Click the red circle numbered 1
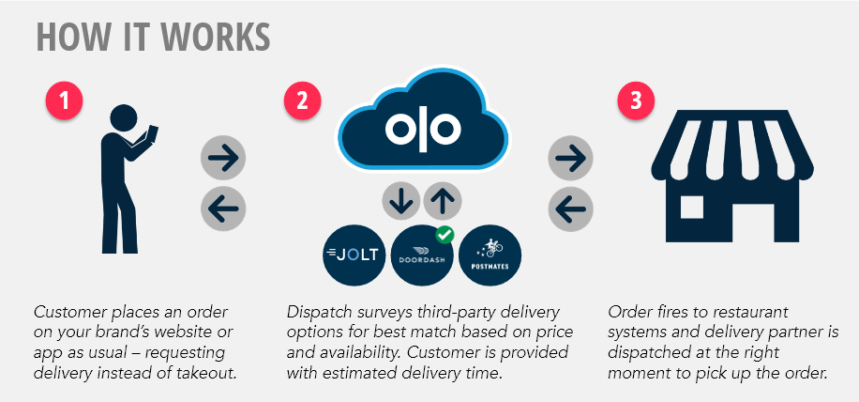pyautogui.click(x=63, y=102)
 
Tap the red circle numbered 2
pyautogui.click(x=302, y=102)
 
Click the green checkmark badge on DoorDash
pyautogui.click(x=445, y=232)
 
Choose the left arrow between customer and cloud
pyautogui.click(x=223, y=206)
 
